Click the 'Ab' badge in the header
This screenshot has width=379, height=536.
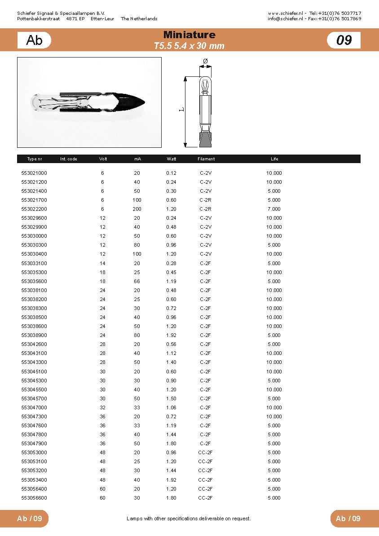(34, 40)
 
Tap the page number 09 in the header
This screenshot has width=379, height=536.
(344, 40)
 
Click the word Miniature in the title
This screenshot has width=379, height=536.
(189, 35)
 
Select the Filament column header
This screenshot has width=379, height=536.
(206, 159)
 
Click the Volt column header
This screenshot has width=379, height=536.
(103, 159)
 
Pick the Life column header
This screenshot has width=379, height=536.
(274, 159)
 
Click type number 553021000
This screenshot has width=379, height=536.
(34, 173)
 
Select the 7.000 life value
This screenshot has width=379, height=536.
(274, 209)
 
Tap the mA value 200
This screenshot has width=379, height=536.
(137, 209)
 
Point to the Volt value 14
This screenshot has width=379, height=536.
(102, 263)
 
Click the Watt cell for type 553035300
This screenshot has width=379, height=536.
(171, 272)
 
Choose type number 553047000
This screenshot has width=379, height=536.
(34, 408)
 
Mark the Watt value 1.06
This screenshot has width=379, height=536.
(171, 408)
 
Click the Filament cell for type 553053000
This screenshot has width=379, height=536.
(205, 452)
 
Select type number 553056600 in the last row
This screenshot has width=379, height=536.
(34, 498)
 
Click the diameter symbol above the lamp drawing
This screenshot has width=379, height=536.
(205, 61)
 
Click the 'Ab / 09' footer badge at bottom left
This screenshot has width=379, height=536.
(30, 518)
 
